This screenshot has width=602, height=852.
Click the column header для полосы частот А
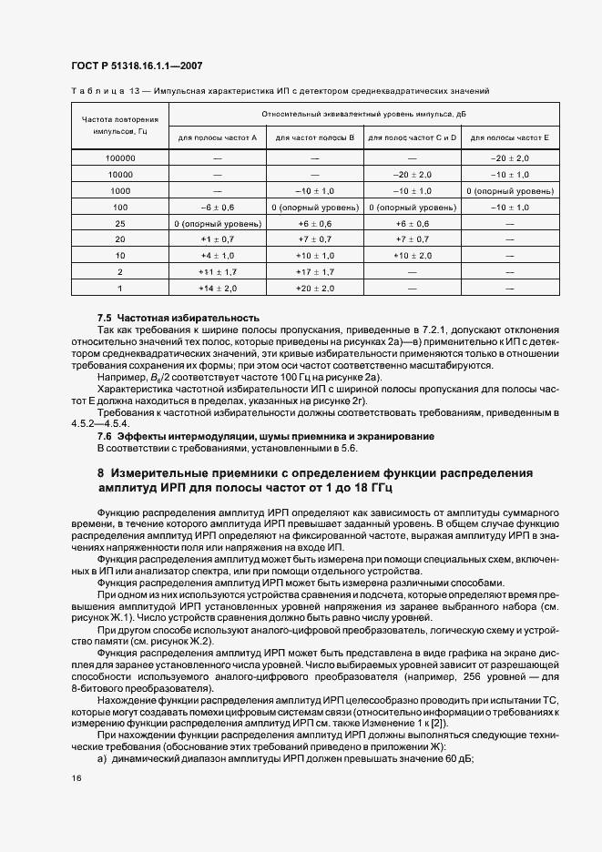point(218,137)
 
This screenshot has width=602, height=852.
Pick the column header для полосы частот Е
point(509,137)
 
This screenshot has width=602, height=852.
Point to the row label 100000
point(120,157)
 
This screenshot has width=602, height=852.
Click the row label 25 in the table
point(120,223)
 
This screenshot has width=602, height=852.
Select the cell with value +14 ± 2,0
point(218,288)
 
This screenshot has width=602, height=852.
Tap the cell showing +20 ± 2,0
point(316,288)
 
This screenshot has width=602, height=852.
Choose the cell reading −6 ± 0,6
point(218,207)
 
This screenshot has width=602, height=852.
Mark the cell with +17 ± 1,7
point(316,271)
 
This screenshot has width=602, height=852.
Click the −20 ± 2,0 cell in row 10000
point(412,174)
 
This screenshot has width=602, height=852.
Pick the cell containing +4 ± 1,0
point(218,256)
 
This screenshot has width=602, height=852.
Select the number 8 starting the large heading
point(101,473)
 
